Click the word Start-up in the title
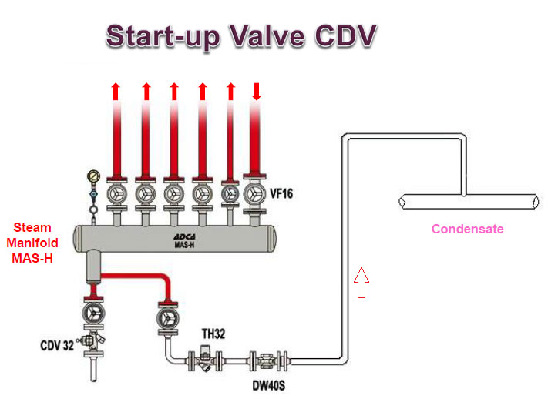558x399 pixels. pos(163,37)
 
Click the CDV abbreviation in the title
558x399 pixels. pos(345,35)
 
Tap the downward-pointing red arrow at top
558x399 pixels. pos(257,92)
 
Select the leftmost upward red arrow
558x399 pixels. pos(116,92)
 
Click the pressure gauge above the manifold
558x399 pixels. pos(93,176)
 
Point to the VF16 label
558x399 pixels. pos(281,193)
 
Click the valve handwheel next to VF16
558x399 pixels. pos(254,194)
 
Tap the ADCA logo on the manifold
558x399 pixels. pos(184,236)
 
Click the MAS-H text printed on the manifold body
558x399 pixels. pos(184,245)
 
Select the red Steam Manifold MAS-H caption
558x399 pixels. pos(32,243)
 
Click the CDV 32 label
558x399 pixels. pos(57,345)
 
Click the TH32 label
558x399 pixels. pos(213,334)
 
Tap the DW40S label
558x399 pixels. pos(269,385)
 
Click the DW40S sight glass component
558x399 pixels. pos(268,361)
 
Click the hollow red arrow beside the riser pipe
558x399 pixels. pos(361,282)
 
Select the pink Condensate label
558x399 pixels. pos(468,229)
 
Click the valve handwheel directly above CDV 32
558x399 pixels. pos(93,313)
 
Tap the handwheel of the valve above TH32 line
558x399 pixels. pos(167,318)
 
